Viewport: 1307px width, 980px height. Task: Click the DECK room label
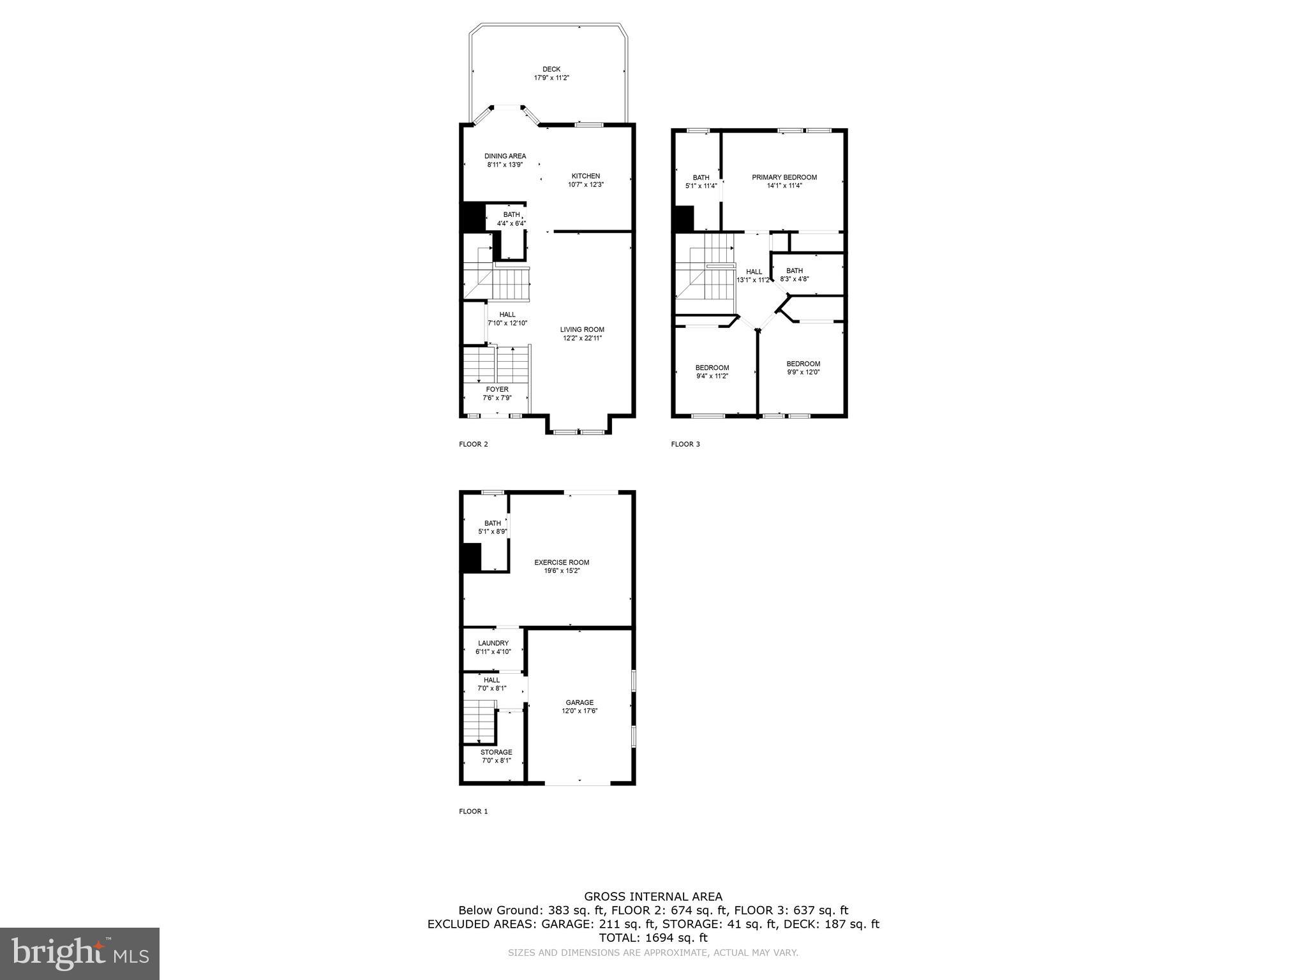[551, 70]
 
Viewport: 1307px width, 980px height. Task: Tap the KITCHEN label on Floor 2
[585, 176]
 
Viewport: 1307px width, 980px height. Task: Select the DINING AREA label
[505, 156]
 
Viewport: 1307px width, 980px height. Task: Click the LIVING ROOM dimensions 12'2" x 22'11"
[582, 338]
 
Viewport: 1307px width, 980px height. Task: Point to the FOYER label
[497, 389]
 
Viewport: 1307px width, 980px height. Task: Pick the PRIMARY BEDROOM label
[784, 177]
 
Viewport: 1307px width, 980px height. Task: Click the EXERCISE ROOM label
[561, 562]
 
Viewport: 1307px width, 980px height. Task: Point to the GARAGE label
[579, 702]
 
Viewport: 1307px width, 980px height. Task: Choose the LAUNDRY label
[493, 643]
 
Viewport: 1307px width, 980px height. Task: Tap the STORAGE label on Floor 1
[496, 752]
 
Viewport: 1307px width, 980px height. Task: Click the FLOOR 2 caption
[473, 444]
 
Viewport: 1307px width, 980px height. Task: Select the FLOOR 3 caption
[685, 444]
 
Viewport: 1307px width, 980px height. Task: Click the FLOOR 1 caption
[473, 812]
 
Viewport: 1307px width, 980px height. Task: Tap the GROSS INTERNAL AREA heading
[653, 896]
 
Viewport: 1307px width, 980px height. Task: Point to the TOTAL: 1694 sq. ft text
[653, 938]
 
